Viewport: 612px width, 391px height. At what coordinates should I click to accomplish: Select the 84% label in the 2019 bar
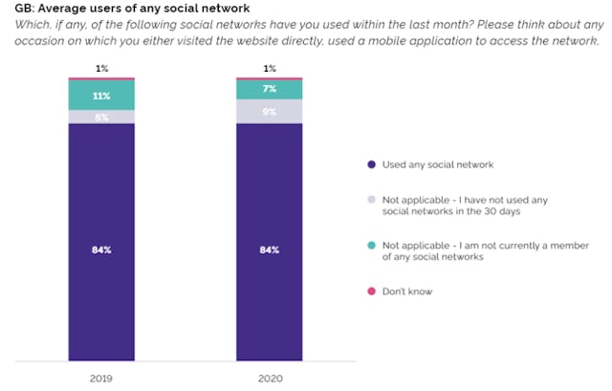tap(101, 250)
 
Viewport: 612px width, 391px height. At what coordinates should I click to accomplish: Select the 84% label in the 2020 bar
tap(269, 250)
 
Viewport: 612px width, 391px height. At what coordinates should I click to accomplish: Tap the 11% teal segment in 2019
tap(101, 96)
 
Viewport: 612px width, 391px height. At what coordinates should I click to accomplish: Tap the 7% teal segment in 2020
tap(269, 89)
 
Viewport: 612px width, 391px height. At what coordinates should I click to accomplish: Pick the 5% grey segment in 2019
tap(101, 117)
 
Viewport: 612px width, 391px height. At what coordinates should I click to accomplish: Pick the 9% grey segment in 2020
tap(269, 111)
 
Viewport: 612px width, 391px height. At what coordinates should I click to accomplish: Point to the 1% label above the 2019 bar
tap(101, 68)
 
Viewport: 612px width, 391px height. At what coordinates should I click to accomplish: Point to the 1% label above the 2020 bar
tap(269, 68)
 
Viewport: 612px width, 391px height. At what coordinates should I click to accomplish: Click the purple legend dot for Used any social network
tap(371, 165)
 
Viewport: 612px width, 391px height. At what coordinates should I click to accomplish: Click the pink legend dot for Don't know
tap(371, 291)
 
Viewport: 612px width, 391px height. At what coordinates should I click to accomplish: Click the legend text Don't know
tap(406, 291)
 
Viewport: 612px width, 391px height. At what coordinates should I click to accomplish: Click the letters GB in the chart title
tap(11, 10)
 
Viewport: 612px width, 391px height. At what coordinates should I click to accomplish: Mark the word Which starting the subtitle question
tap(18, 26)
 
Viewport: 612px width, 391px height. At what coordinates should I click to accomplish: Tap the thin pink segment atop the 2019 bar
tap(101, 78)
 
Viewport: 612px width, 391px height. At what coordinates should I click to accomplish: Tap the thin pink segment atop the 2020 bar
tap(269, 78)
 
